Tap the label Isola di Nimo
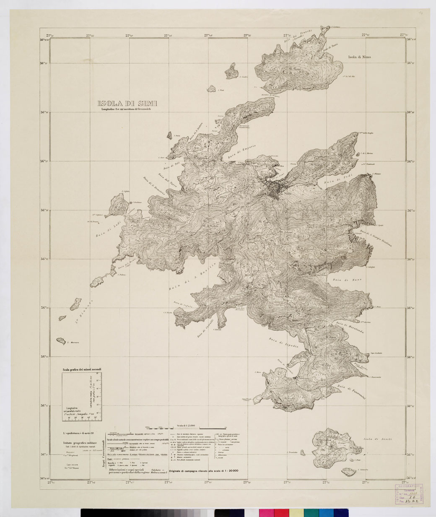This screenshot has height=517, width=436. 359,57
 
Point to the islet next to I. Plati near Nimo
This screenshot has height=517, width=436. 210,89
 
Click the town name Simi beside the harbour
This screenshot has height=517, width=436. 287,194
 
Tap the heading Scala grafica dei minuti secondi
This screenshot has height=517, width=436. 82,369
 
